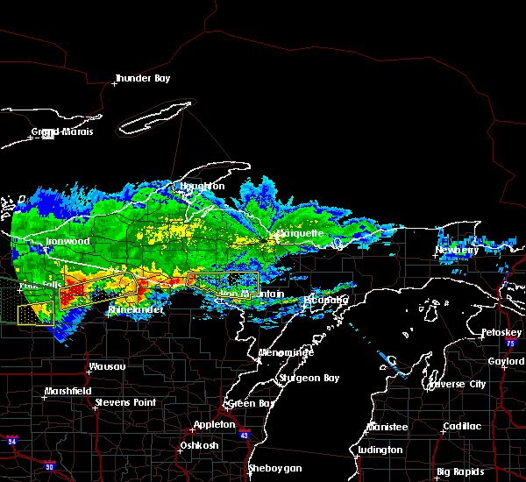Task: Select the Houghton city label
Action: pos(203,187)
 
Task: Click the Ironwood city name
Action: pos(67,241)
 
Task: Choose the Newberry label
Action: pos(458,251)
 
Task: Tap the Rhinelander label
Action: pos(136,310)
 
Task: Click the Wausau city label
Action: pos(107,367)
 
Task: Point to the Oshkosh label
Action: pos(198,445)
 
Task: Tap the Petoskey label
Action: pos(501,333)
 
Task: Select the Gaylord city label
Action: pos(506,361)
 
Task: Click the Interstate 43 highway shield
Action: pos(243,435)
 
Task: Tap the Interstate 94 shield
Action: pos(11,438)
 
